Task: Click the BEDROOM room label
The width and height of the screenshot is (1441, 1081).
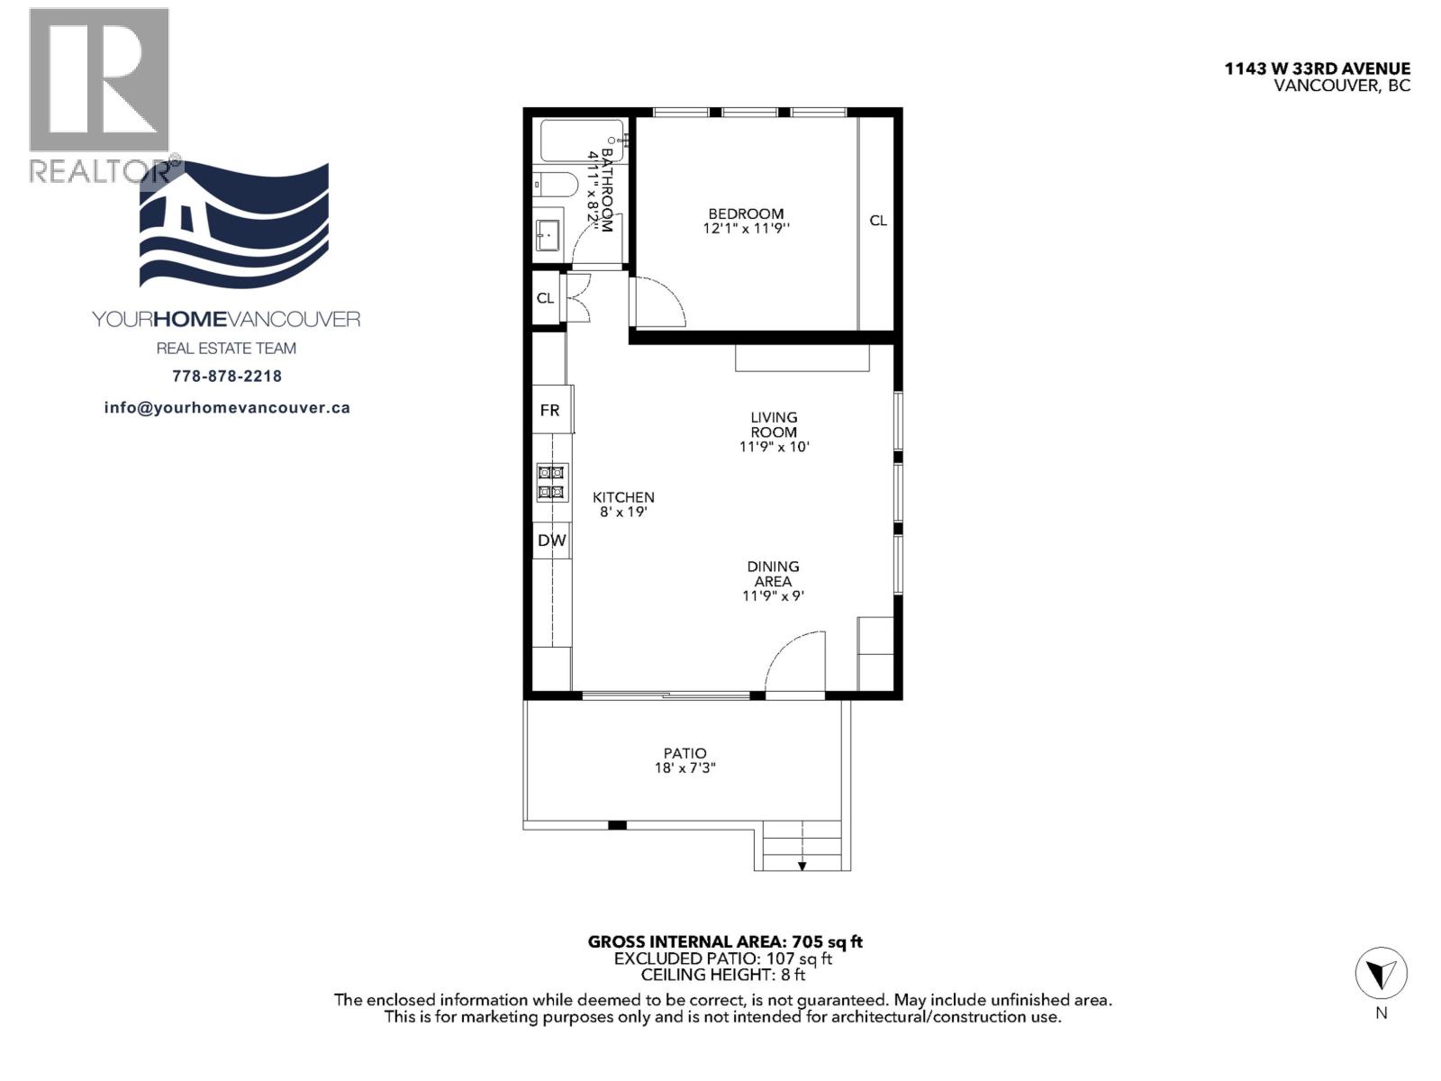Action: pos(746,213)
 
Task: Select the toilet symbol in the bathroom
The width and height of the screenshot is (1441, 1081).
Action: pos(554,186)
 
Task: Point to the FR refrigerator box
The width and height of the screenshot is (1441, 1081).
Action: pos(550,410)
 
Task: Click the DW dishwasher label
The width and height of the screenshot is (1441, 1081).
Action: pos(551,540)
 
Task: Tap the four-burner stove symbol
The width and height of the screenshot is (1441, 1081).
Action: pos(551,482)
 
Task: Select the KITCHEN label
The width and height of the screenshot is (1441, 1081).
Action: pos(623,497)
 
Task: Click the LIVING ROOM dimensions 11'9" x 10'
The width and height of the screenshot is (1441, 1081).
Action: pos(775,447)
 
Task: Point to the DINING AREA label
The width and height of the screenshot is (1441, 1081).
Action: pos(773,574)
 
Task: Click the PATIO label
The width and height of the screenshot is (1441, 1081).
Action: pos(684,753)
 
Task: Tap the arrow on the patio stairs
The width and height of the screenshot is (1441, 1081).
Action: pos(802,865)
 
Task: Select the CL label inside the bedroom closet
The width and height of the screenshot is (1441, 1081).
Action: pos(877,221)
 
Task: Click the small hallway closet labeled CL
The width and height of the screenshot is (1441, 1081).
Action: pos(545,298)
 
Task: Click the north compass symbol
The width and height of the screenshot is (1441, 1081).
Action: pos(1381,975)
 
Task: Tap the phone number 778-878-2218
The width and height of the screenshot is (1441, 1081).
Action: pos(226,377)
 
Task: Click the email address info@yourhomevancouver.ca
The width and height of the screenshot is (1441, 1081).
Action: pos(227,408)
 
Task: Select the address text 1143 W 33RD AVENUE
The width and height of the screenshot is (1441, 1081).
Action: pos(1317,68)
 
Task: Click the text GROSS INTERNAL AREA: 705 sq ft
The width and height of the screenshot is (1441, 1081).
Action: pos(725,942)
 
